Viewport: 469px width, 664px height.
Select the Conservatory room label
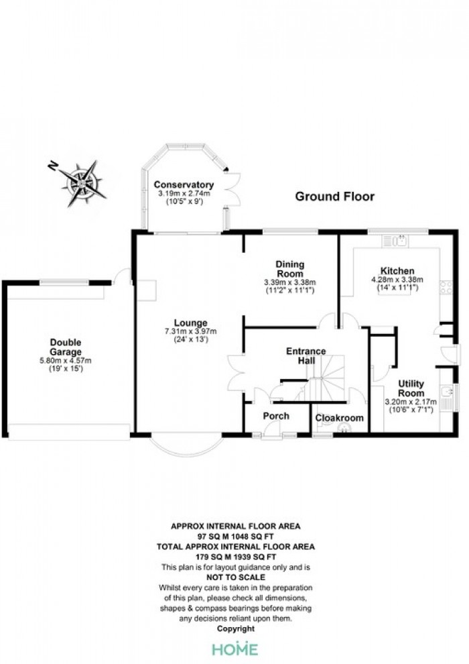pyautogui.click(x=184, y=184)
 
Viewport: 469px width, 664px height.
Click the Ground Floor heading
pyautogui.click(x=334, y=197)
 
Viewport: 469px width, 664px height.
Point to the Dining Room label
pyautogui.click(x=290, y=269)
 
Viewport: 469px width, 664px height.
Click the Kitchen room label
pyautogui.click(x=397, y=271)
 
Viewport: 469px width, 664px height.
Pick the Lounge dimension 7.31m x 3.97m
pyautogui.click(x=190, y=331)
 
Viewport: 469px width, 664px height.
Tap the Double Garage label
pyautogui.click(x=66, y=347)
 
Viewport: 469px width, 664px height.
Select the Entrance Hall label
pyautogui.click(x=306, y=355)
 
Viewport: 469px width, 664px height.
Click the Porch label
pyautogui.click(x=276, y=417)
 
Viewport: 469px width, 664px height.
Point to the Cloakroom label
pyautogui.click(x=339, y=418)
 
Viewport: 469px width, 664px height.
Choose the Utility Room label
pyautogui.click(x=411, y=388)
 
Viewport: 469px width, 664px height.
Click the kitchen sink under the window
pyautogui.click(x=395, y=241)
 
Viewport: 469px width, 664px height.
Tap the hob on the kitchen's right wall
pyautogui.click(x=446, y=288)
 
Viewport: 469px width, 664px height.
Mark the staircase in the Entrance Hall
pyautogui.click(x=323, y=378)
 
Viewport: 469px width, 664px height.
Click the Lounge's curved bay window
pyautogui.click(x=186, y=446)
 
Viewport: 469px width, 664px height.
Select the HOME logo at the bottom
pyautogui.click(x=234, y=649)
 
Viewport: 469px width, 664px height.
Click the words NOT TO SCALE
pyautogui.click(x=236, y=577)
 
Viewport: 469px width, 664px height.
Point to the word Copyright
pyautogui.click(x=236, y=629)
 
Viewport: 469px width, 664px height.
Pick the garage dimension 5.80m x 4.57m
pyautogui.click(x=66, y=361)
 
